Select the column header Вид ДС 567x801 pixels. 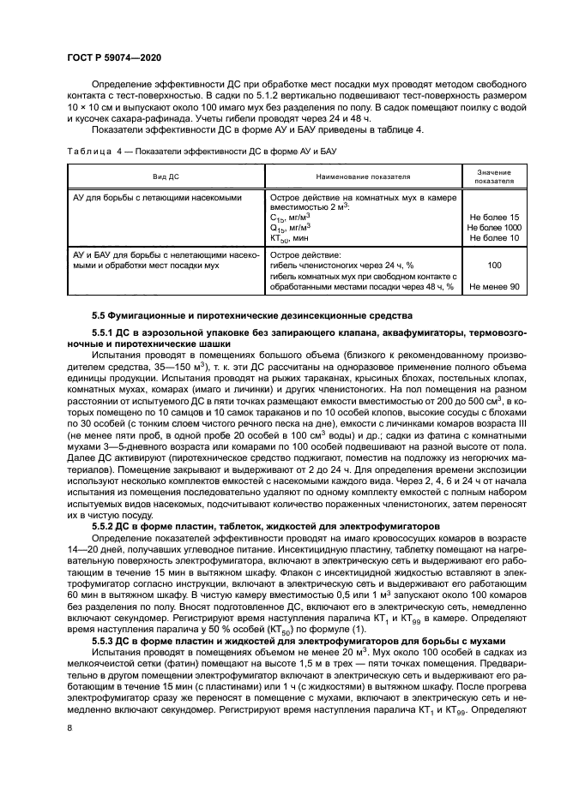(166, 176)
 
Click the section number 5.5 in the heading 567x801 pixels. (100, 316)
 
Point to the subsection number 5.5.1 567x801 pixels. (105, 332)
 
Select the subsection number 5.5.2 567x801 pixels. (105, 523)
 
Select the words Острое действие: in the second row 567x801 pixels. (305, 255)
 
